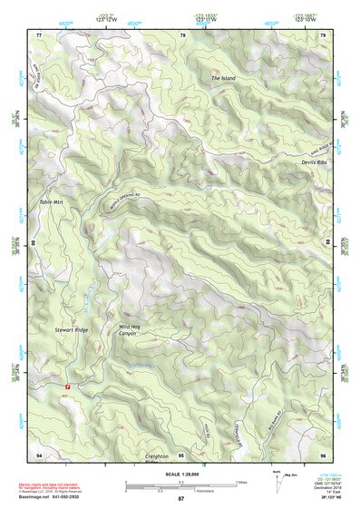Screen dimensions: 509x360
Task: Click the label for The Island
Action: click(223, 79)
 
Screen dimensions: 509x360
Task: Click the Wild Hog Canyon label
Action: click(132, 329)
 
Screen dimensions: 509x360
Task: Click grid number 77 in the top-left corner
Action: click(39, 34)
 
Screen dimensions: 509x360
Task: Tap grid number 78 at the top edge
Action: click(182, 34)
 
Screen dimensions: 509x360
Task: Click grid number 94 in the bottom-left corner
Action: click(39, 454)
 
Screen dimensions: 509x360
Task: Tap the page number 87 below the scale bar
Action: click(180, 499)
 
